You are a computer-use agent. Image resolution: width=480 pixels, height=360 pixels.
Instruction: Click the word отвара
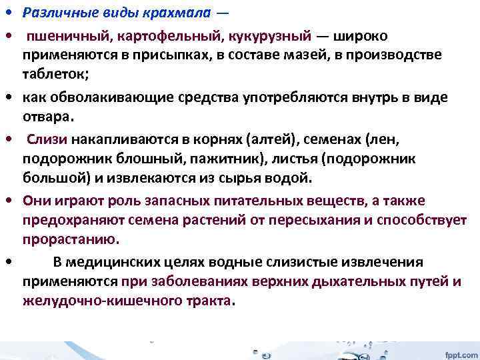point(48,117)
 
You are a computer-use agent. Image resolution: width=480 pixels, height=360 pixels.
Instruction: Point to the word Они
point(36,201)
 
